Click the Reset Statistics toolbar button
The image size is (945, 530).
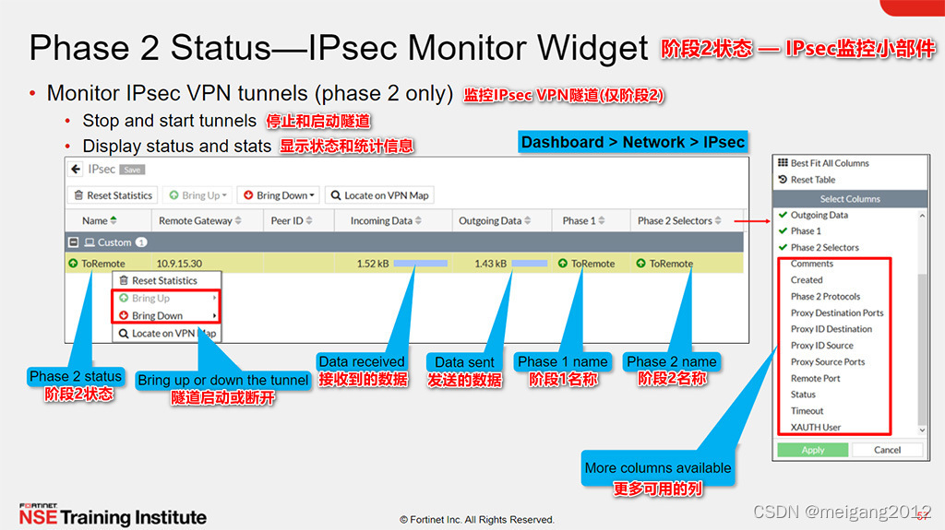112,195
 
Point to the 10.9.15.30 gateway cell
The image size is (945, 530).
179,264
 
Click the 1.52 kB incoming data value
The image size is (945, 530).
372,264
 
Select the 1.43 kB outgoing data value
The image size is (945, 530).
490,264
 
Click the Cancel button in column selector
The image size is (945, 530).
887,450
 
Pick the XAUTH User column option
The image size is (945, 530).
816,428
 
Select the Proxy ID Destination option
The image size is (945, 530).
831,329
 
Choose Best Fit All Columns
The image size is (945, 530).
829,163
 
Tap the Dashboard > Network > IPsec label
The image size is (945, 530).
632,142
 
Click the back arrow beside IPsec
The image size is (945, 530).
76,170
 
